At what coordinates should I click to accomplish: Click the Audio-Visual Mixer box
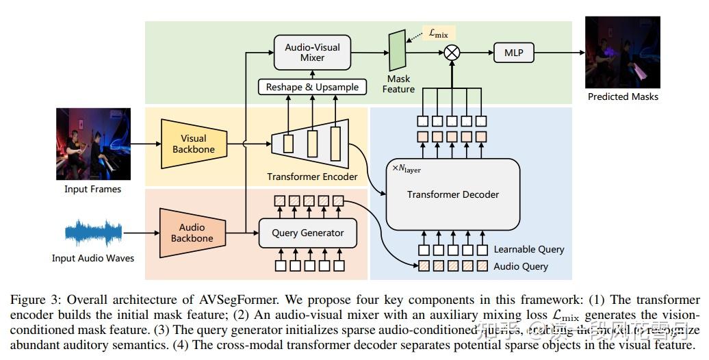click(x=312, y=53)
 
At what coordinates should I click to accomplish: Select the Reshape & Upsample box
click(x=312, y=88)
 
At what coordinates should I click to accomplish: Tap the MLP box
click(x=513, y=52)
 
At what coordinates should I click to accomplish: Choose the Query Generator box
click(x=308, y=233)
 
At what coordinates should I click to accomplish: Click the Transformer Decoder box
click(x=452, y=194)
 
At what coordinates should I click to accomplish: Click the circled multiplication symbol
click(x=451, y=53)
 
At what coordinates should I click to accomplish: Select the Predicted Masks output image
click(x=622, y=52)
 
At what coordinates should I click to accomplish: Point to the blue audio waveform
click(x=93, y=233)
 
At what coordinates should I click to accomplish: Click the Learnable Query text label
click(x=529, y=250)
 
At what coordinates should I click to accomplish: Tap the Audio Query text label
click(x=521, y=266)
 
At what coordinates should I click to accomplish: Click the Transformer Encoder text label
click(x=312, y=177)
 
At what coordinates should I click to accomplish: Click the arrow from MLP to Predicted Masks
click(x=557, y=52)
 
